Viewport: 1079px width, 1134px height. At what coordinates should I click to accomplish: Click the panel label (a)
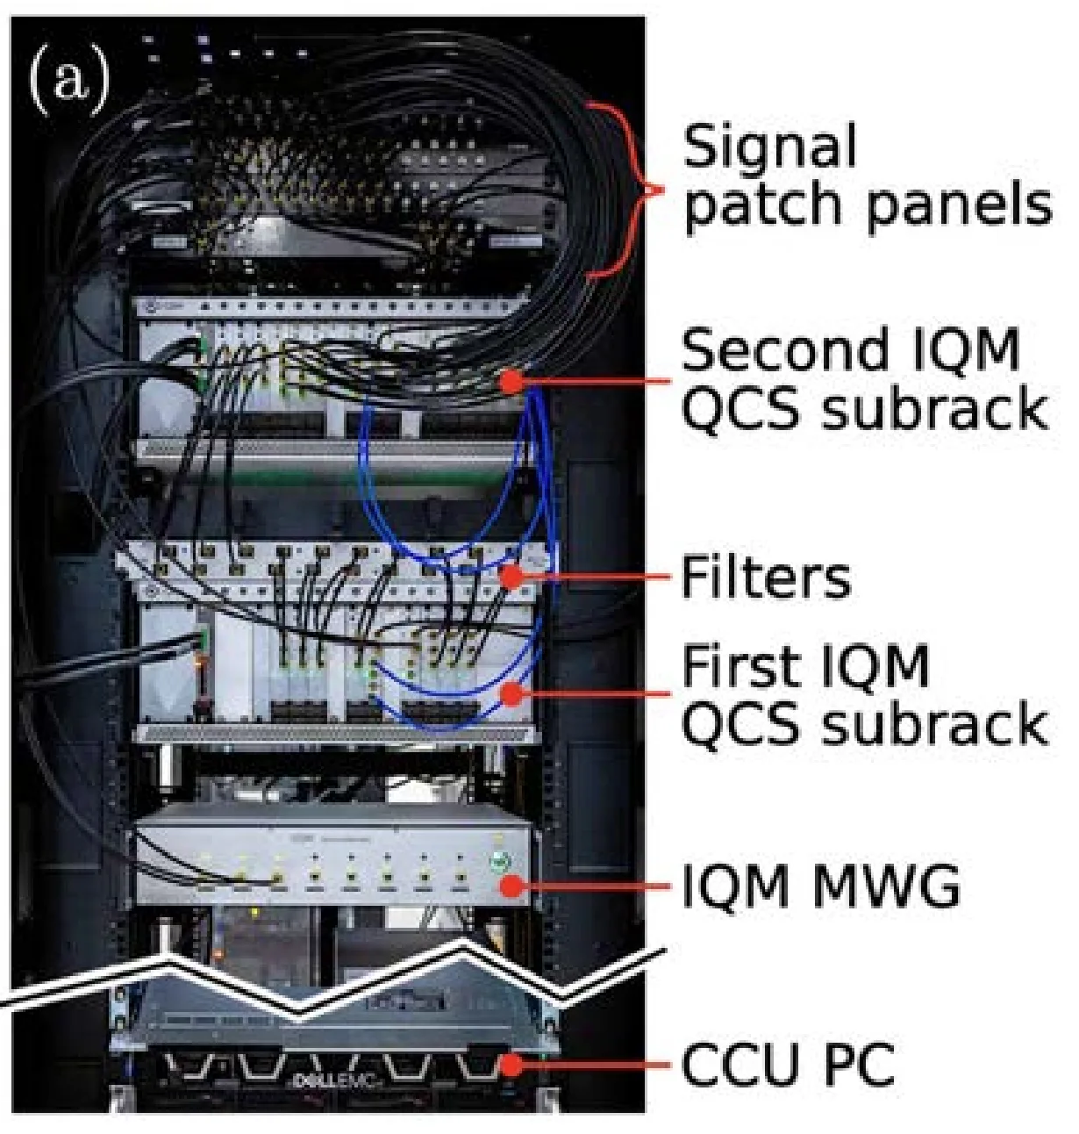point(69,78)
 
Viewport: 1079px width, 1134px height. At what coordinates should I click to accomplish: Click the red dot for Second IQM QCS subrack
point(511,382)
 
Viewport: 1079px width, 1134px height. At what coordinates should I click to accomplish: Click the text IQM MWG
point(820,886)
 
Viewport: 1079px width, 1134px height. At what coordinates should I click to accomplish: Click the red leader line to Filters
point(597,577)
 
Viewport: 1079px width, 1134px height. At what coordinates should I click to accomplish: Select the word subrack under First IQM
point(933,723)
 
